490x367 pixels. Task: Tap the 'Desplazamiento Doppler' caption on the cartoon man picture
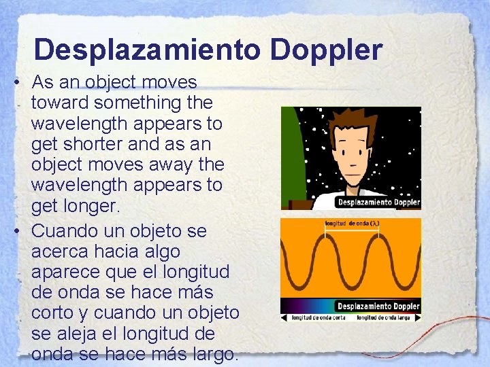(x=378, y=202)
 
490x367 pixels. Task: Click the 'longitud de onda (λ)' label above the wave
(x=352, y=224)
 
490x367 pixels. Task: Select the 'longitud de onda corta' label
(x=316, y=317)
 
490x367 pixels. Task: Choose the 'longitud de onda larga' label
(x=383, y=317)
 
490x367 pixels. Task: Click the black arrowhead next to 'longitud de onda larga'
(x=416, y=317)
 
